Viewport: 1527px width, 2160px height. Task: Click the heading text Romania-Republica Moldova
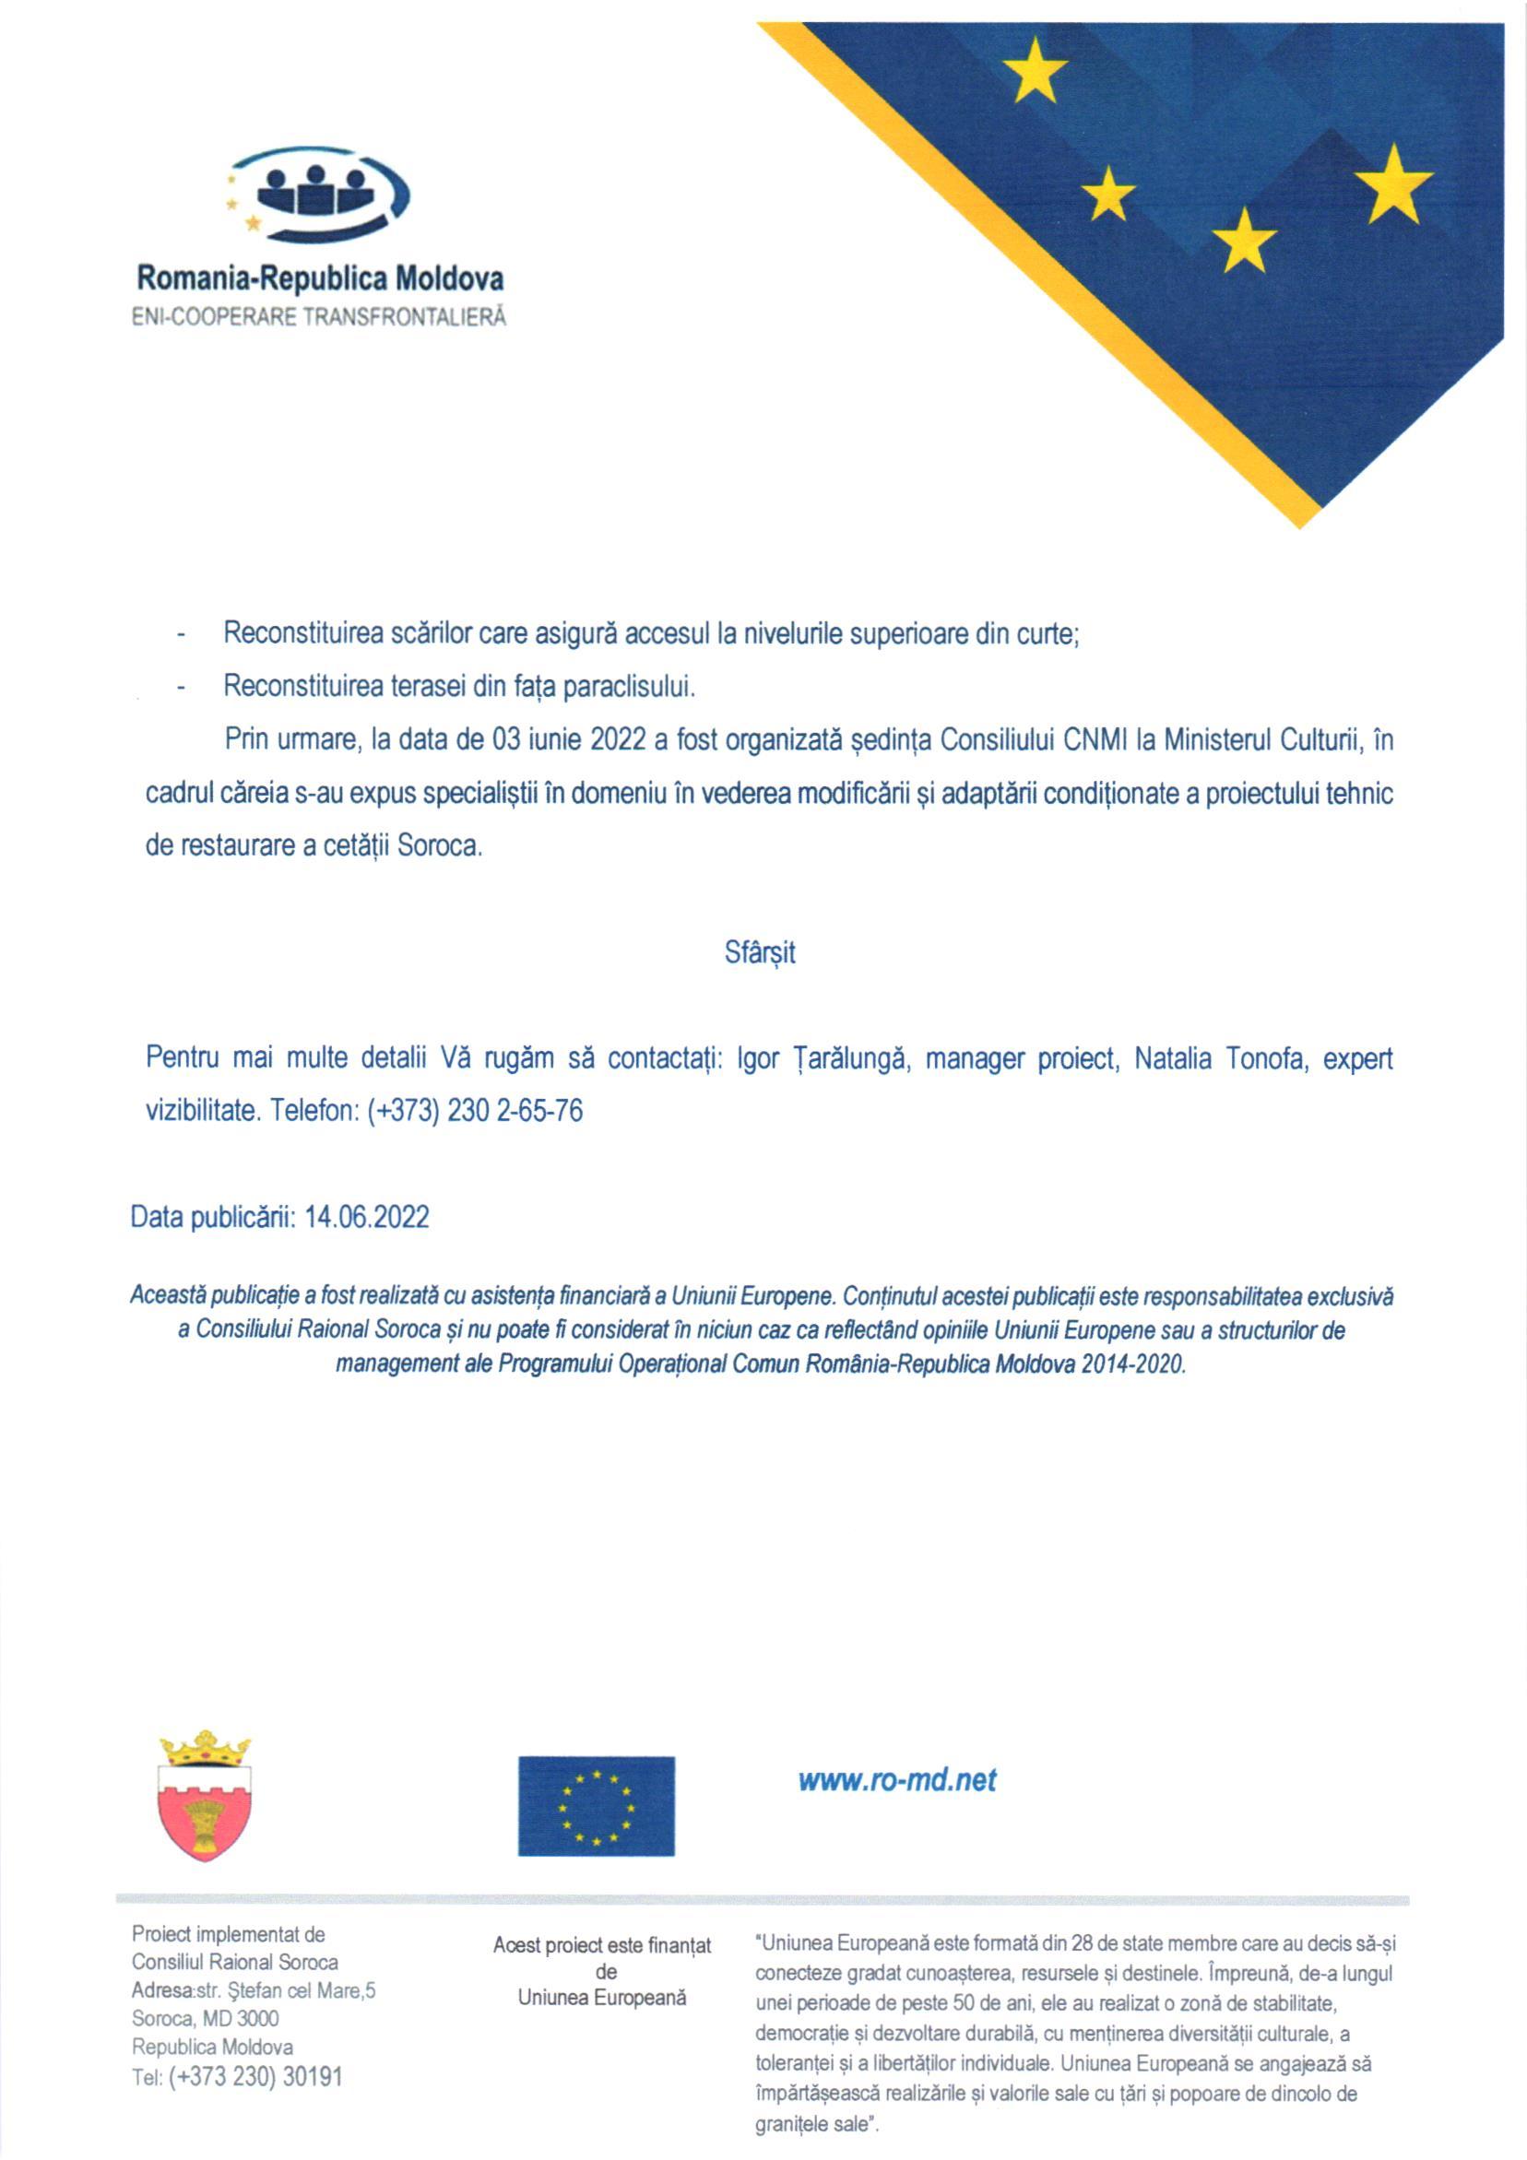(x=320, y=278)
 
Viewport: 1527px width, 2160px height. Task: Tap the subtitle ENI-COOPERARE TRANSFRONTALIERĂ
(x=319, y=317)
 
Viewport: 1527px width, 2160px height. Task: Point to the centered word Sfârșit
(x=760, y=953)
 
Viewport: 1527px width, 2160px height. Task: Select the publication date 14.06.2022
(x=367, y=1217)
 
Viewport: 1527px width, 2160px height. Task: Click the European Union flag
(x=596, y=1806)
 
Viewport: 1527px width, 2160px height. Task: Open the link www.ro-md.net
(x=896, y=1780)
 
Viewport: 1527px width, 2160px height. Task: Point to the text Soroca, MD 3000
(x=205, y=2019)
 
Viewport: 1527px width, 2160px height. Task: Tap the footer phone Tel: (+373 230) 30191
(x=237, y=2076)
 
